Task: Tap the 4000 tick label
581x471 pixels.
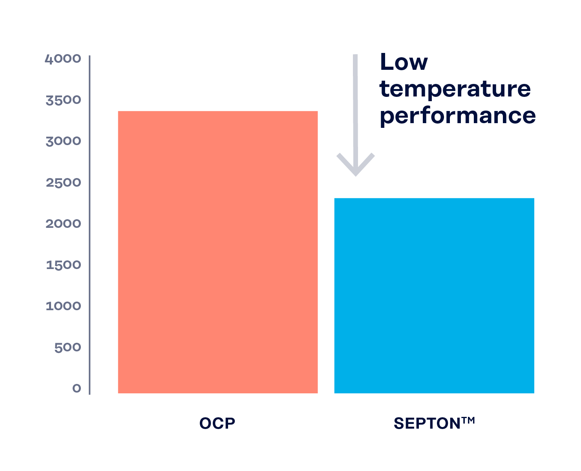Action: coord(63,59)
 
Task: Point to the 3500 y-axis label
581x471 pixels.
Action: coord(63,100)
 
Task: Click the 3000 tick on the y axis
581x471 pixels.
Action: coord(63,141)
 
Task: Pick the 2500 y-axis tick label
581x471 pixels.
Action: coord(63,183)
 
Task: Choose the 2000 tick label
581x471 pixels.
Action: coord(63,224)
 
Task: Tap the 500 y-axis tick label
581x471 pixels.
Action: coord(68,347)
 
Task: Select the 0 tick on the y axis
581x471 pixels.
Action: coord(77,389)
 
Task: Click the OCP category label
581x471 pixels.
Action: coord(217,424)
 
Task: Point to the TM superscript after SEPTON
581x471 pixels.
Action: coord(468,420)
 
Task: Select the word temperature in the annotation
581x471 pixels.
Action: coord(455,89)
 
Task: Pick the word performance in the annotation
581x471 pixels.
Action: coord(457,116)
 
